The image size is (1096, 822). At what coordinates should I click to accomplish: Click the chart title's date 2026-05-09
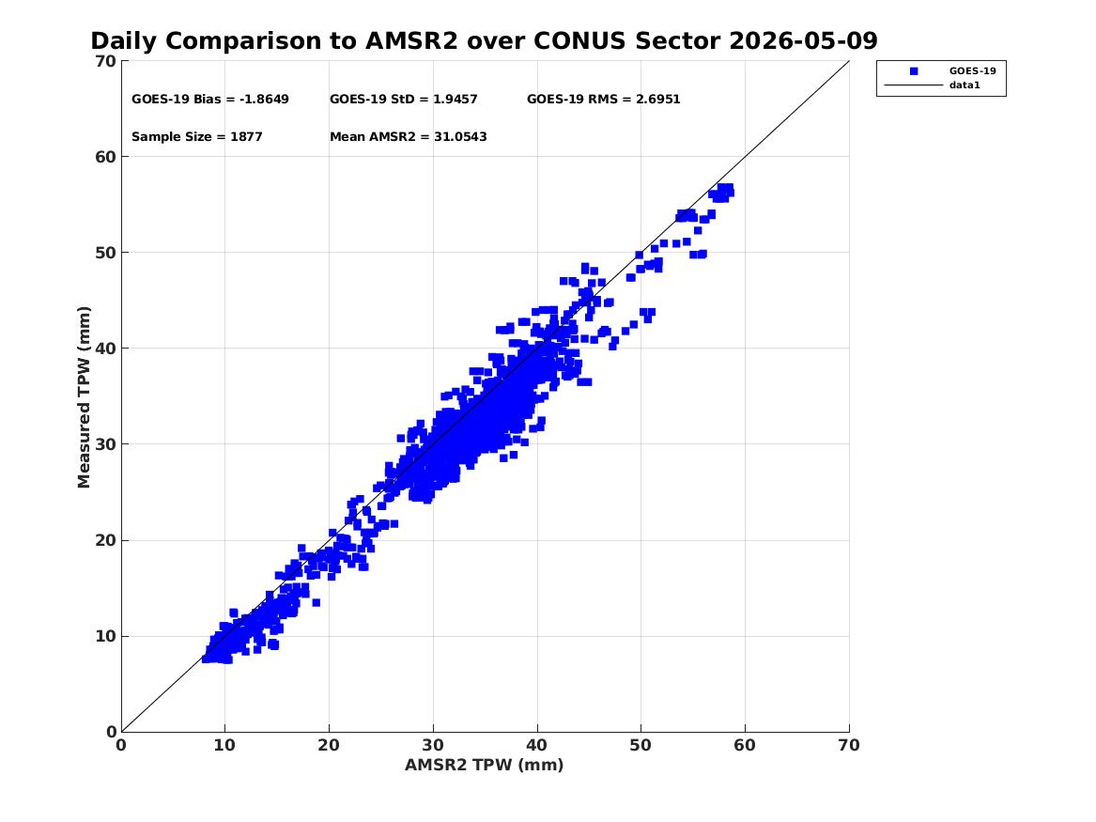point(803,40)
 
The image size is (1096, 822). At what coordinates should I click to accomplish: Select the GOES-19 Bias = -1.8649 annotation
point(210,100)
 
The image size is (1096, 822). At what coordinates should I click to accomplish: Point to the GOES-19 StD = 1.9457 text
point(403,100)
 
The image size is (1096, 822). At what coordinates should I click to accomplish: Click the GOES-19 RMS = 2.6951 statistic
point(603,100)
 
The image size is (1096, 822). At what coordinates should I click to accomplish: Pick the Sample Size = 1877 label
point(197,137)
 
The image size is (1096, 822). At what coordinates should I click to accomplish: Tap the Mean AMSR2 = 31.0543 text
point(409,137)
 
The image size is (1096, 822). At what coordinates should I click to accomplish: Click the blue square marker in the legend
point(914,71)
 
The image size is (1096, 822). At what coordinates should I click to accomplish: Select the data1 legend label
point(965,85)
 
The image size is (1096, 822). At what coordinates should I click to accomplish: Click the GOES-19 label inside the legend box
point(972,71)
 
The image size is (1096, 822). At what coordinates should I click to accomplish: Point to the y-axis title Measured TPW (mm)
point(84,397)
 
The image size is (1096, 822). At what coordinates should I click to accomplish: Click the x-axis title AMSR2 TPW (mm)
point(485,765)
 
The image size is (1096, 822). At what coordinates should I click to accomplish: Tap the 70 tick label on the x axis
point(849,745)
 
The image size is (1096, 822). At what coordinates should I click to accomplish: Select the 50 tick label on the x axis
point(641,745)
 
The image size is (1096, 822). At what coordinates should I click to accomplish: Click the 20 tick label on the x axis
point(330,745)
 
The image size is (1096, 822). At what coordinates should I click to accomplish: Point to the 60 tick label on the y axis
point(105,157)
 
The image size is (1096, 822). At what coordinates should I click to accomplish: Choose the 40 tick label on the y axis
point(105,349)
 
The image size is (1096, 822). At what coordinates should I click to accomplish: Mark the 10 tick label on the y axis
point(105,636)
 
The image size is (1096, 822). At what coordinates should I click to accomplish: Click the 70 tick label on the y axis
point(105,61)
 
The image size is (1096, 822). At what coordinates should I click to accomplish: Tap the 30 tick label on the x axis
point(433,745)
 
